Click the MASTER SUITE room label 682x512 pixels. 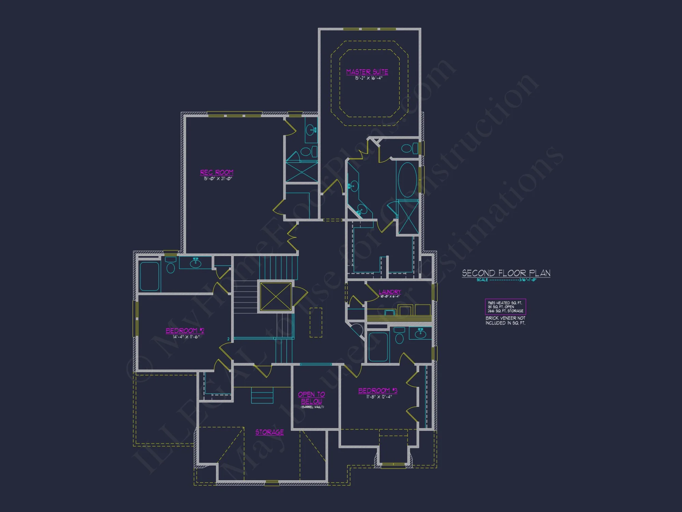click(x=367, y=72)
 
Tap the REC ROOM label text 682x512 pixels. click(x=217, y=172)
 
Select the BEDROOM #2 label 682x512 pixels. click(x=185, y=331)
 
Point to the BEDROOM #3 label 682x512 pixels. click(x=377, y=391)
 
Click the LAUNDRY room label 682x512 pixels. click(x=390, y=292)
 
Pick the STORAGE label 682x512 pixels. click(x=269, y=432)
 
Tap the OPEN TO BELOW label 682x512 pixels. click(x=311, y=398)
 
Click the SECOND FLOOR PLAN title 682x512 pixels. click(x=506, y=273)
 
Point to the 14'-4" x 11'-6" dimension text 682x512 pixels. click(x=186, y=337)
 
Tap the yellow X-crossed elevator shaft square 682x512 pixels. click(x=276, y=297)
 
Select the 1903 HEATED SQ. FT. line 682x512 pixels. click(x=505, y=303)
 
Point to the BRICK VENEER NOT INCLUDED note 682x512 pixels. click(x=505, y=321)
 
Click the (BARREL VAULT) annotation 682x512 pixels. click(x=312, y=407)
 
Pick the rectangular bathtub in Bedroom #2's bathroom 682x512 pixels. click(x=149, y=276)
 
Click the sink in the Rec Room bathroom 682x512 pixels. click(x=311, y=130)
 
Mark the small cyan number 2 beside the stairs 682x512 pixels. click(x=228, y=339)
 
